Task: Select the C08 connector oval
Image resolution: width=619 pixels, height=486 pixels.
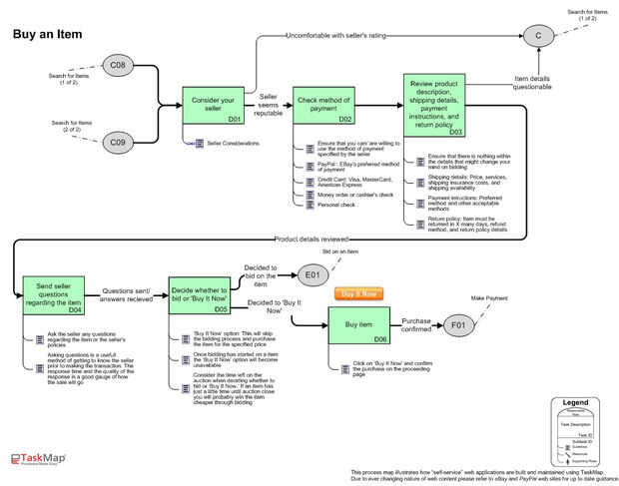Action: pos(118,66)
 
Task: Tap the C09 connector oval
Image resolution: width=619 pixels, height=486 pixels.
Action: pos(118,143)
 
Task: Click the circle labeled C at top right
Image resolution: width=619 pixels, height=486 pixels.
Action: pos(538,36)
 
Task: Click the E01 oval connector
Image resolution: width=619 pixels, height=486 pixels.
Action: pos(309,274)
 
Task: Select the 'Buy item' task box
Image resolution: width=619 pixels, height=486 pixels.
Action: pos(358,326)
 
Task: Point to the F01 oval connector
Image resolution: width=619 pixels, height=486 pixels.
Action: pos(457,325)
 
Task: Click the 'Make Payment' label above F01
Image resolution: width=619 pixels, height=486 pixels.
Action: pos(490,297)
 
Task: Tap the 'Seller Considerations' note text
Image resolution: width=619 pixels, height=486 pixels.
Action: pos(233,144)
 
